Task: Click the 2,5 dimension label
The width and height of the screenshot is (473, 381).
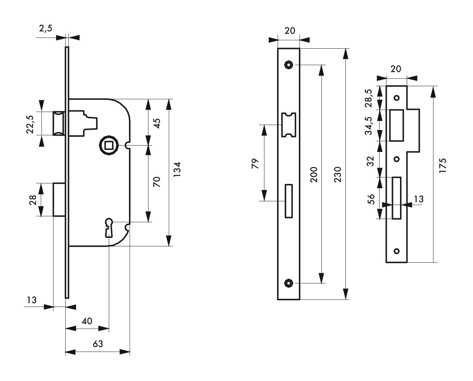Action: [46, 29]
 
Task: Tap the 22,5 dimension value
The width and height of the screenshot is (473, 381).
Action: [30, 124]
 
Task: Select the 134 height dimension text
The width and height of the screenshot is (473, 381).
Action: [177, 169]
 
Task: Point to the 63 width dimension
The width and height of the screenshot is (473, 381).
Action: [98, 344]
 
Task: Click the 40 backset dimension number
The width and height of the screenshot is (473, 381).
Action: [87, 321]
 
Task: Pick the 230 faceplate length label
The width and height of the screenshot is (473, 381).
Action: [338, 174]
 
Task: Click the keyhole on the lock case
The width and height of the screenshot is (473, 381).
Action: [109, 228]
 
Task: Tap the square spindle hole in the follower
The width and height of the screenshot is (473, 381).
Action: [109, 146]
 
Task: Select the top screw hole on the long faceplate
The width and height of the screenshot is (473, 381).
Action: [288, 65]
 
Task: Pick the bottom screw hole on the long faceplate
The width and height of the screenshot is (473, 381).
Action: [288, 283]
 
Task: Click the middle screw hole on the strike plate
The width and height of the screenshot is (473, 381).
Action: [397, 159]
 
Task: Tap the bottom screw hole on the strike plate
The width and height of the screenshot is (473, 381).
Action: [397, 251]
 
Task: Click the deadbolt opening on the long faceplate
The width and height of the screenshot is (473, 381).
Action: [289, 201]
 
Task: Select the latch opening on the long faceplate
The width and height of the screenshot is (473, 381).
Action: [289, 125]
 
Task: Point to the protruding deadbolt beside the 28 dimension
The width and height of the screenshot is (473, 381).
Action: [59, 199]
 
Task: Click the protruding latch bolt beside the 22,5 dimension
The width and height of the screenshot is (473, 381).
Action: [59, 123]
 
